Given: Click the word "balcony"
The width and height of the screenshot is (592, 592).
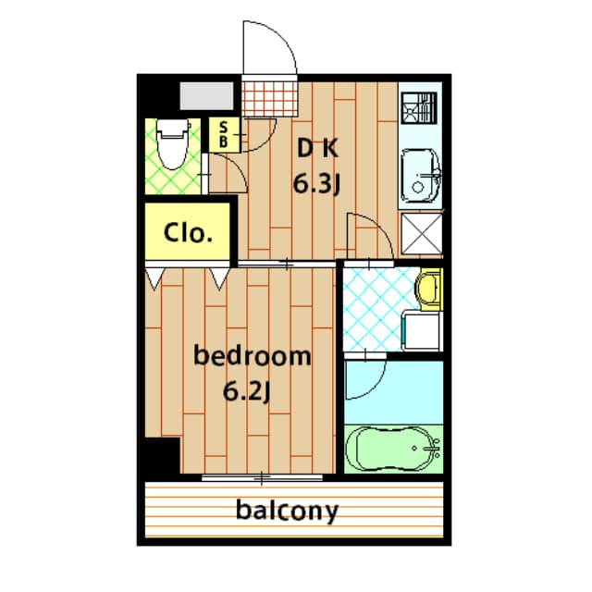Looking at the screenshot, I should tap(286, 510).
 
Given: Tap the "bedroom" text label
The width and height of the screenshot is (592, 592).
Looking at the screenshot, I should tap(251, 356).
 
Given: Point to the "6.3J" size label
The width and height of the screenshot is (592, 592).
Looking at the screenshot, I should tap(317, 184).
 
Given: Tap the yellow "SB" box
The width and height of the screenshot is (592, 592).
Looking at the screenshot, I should tap(224, 135).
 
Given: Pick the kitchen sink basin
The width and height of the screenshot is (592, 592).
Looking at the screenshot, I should tap(421, 175).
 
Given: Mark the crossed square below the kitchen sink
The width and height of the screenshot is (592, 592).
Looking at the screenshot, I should tap(422, 233).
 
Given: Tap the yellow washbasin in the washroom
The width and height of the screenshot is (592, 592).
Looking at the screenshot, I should tap(427, 289).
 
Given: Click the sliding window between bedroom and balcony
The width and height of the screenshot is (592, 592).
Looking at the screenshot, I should tap(263, 477).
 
